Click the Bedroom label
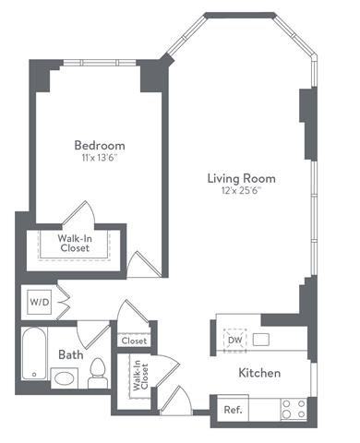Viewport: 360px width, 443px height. point(99,145)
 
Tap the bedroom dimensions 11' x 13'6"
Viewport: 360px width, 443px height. point(99,158)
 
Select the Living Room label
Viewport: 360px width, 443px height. point(241,178)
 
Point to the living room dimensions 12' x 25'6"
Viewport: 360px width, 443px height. point(241,191)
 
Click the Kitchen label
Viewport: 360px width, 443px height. point(259,374)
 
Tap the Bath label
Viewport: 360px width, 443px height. point(71,354)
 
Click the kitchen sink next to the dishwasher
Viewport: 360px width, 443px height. point(261,340)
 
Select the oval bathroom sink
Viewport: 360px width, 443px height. point(65,377)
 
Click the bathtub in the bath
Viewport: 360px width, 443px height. point(33,354)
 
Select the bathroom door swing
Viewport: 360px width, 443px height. point(95,329)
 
